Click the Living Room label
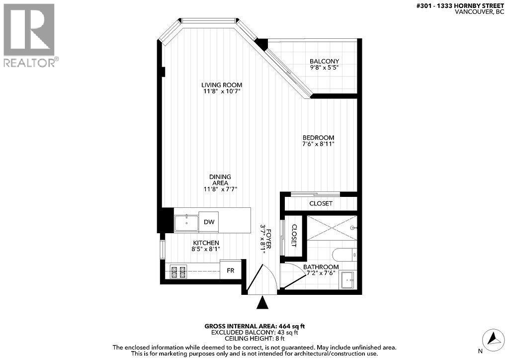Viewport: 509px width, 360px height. pyautogui.click(x=221, y=85)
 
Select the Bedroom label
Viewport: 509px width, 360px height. pyautogui.click(x=318, y=138)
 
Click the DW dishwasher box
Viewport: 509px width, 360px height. pyautogui.click(x=209, y=222)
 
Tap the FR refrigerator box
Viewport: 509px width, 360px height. pyautogui.click(x=231, y=270)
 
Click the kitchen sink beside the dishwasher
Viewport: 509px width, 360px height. pyautogui.click(x=186, y=222)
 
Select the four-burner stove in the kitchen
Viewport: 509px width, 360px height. pyautogui.click(x=178, y=271)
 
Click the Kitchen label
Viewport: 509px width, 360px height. pyautogui.click(x=206, y=242)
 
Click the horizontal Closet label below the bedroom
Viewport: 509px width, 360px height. pyautogui.click(x=321, y=203)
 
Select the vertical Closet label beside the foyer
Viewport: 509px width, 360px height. pyautogui.click(x=293, y=236)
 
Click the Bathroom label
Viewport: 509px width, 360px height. pyautogui.click(x=321, y=267)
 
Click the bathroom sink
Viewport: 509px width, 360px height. pyautogui.click(x=348, y=280)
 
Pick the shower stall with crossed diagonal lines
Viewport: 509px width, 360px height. pyautogui.click(x=332, y=228)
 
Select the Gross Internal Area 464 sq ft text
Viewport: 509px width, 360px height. pyautogui.click(x=254, y=326)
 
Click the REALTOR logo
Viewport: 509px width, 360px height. pyautogui.click(x=29, y=35)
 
